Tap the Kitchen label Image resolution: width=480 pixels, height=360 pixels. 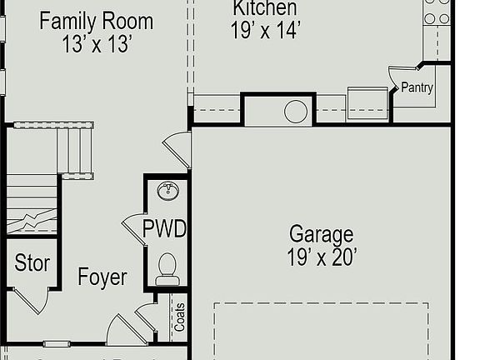point(264,8)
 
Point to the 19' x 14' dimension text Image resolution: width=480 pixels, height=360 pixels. point(264,31)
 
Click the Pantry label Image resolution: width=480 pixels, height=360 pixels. point(417,87)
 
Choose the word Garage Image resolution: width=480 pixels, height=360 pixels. point(321,234)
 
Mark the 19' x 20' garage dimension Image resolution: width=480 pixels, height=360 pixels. point(322,257)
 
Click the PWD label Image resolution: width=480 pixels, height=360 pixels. point(164,228)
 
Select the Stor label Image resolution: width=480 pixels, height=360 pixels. point(32,264)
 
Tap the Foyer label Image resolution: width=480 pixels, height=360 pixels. point(102,277)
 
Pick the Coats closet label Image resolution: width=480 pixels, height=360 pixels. point(179,317)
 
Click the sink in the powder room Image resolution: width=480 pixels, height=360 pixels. point(168,191)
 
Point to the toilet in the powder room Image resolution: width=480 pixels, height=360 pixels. point(167,267)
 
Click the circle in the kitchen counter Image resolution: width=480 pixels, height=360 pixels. point(296,112)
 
